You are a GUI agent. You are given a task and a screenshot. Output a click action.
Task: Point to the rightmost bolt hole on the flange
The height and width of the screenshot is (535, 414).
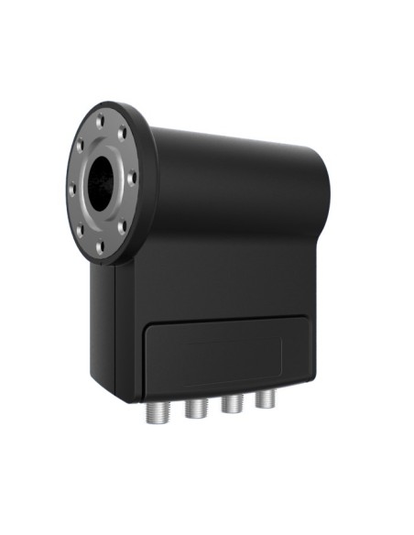coord(133,177)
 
